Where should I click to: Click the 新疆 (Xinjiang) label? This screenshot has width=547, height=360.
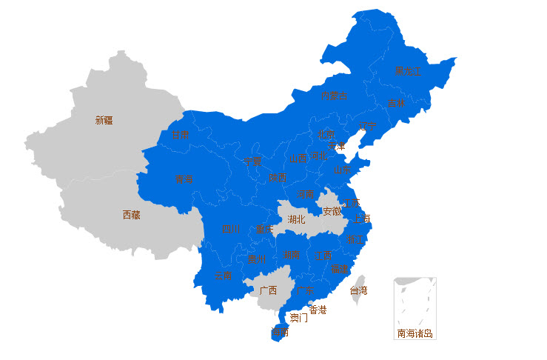pos(104,120)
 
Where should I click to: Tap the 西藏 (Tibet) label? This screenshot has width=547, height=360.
pos(131,216)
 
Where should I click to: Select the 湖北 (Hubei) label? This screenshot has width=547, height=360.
pos(296,219)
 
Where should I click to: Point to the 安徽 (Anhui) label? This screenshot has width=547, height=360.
pos(332,211)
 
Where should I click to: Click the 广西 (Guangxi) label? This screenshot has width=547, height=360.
pos(268,290)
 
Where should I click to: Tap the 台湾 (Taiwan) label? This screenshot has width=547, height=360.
pos(358,291)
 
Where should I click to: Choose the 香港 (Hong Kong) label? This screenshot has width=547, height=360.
pos(318,310)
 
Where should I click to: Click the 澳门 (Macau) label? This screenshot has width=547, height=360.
pos(299,318)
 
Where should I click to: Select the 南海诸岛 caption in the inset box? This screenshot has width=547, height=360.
pos(415,333)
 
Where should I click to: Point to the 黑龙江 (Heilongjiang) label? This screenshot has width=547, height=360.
pos(406,71)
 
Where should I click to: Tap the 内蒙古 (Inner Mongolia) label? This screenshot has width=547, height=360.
pos(335,96)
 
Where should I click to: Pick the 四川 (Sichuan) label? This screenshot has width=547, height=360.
pos(231,229)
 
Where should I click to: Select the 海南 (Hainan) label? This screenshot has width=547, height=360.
pos(280,333)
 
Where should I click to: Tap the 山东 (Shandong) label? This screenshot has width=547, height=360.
pos(342,170)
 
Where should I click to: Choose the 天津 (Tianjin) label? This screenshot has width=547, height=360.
pos(337,146)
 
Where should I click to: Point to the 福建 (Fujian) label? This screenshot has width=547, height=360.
pos(340,269)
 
